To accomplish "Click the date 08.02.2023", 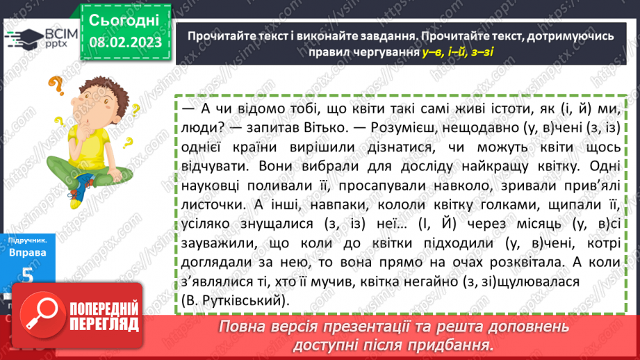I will tap(125, 42).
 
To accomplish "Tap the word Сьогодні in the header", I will tap(124, 19).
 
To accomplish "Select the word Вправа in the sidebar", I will tap(28, 253).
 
